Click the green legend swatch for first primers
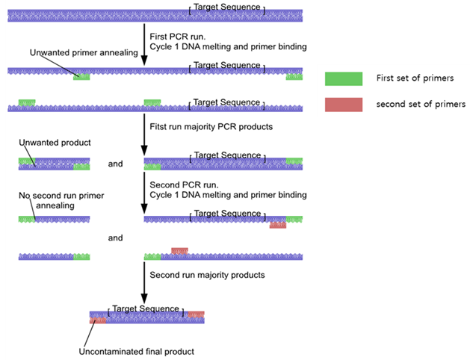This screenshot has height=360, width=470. coord(344,78)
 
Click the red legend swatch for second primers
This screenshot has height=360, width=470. coord(344,104)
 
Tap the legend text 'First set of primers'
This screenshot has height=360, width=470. coord(415,78)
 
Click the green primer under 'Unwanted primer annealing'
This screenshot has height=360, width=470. coord(81,76)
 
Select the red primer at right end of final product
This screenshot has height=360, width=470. coord(196,314)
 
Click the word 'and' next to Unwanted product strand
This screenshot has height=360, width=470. coord(115,162)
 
